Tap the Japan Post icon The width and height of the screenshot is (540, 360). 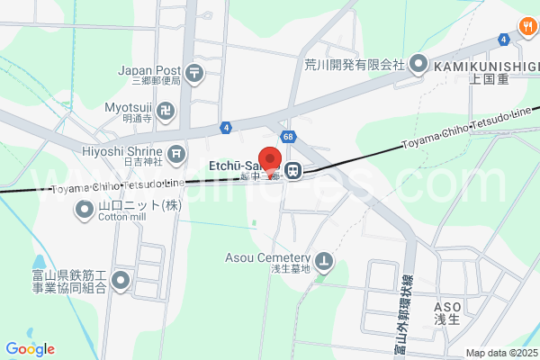pos(194,70)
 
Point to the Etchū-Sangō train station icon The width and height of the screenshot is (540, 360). pos(292,169)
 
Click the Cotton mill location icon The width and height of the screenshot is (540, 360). pos(85,210)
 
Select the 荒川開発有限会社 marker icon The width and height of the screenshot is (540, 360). pos(418,64)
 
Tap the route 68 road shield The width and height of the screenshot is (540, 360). pos(287,137)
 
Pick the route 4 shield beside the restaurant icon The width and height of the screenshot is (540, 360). pos(503,40)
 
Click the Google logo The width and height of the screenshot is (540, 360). pos(30,349)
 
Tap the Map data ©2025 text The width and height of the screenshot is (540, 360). pos(499,353)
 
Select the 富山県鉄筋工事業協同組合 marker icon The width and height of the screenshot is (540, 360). pos(121,281)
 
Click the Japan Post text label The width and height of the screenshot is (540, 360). pos(148,69)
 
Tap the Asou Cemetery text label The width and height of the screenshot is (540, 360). pos(267,257)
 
